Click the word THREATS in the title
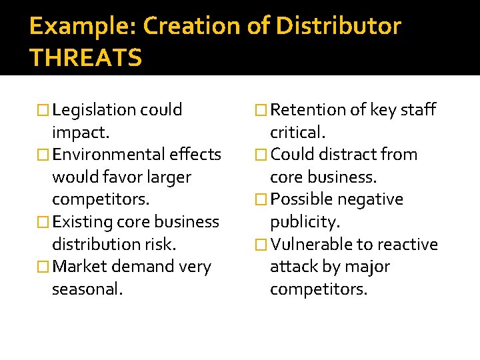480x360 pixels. [85, 58]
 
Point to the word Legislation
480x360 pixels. [95, 109]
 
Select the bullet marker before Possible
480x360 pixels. [262, 200]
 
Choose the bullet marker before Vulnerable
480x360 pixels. [262, 245]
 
